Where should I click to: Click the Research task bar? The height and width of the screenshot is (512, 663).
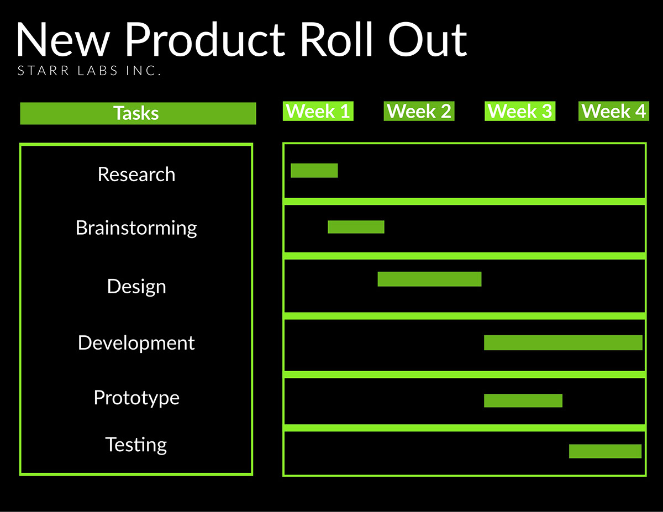(x=314, y=171)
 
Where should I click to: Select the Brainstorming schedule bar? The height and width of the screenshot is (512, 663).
(x=356, y=227)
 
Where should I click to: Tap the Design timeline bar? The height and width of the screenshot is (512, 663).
(x=429, y=279)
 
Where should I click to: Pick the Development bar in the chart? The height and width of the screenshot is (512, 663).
(x=563, y=343)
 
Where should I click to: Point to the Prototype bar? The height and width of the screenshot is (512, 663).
(x=523, y=400)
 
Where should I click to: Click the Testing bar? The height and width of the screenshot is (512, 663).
(x=605, y=451)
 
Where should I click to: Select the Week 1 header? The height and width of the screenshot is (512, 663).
(x=318, y=111)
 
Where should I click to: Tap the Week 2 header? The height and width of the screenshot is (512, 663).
(x=419, y=111)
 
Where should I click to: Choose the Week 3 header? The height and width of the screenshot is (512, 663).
(x=520, y=111)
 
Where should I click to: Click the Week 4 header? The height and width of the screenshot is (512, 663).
(x=614, y=111)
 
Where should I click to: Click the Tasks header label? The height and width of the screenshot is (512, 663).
(x=136, y=113)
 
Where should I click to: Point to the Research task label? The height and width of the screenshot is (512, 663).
(x=136, y=174)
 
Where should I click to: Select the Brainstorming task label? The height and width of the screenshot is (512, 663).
(x=136, y=228)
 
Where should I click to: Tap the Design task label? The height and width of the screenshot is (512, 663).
(x=136, y=287)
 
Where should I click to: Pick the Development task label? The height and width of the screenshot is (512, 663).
(x=136, y=343)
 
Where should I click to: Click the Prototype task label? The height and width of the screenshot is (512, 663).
(x=136, y=398)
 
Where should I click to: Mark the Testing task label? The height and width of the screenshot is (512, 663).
(x=136, y=445)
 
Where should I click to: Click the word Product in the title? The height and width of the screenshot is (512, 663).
(x=205, y=39)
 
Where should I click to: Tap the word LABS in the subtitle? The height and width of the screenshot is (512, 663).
(x=97, y=71)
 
